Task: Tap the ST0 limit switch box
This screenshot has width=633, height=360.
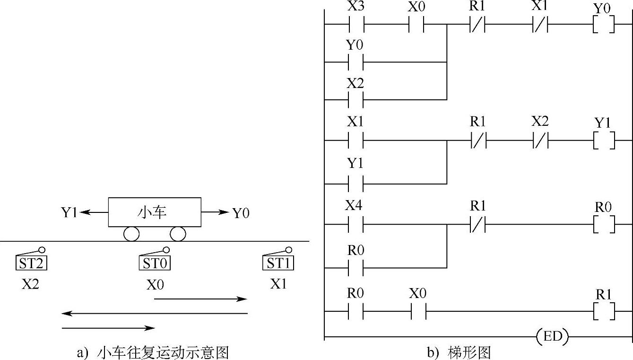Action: click(155, 263)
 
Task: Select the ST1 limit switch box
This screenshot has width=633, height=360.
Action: click(278, 263)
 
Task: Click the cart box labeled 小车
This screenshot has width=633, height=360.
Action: click(155, 212)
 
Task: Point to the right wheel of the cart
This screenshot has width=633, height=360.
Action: click(178, 234)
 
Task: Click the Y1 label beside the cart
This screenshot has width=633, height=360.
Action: click(69, 213)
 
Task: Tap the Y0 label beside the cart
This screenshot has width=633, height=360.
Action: click(241, 213)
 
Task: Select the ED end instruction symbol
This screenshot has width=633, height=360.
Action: click(552, 337)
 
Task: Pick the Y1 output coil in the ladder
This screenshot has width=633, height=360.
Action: click(604, 140)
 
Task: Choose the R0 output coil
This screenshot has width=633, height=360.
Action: click(604, 225)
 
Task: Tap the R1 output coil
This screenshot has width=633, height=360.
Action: click(604, 311)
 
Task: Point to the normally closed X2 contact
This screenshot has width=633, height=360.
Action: click(539, 140)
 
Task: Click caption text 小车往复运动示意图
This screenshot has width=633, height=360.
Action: click(163, 352)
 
